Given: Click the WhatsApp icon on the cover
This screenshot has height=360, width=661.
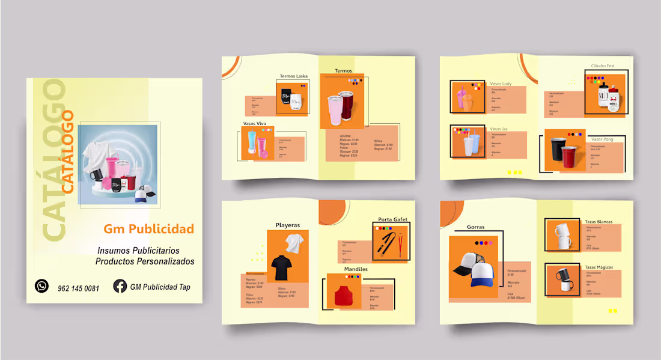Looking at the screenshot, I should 41,286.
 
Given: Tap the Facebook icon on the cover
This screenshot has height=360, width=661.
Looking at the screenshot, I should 120,286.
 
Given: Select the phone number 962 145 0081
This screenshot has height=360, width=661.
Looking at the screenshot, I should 79,288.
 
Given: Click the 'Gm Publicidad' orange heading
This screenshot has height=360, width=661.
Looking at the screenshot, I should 148,229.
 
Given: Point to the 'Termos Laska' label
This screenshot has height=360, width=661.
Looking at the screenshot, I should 293,76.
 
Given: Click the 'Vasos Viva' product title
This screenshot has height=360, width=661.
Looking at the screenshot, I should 254,123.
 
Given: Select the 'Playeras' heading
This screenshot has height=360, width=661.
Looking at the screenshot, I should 288,225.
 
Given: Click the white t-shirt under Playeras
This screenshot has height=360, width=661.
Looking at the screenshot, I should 294,243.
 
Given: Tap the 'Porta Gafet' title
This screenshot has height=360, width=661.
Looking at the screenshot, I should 393,219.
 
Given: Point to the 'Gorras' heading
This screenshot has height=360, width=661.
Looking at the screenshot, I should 476,227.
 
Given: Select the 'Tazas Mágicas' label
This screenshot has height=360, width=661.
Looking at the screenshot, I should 599,267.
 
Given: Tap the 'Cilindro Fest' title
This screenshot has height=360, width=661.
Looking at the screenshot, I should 603,66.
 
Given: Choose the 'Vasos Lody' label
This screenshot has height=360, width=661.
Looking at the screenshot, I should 501,84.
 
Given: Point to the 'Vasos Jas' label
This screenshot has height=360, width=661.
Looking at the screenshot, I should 499,129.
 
